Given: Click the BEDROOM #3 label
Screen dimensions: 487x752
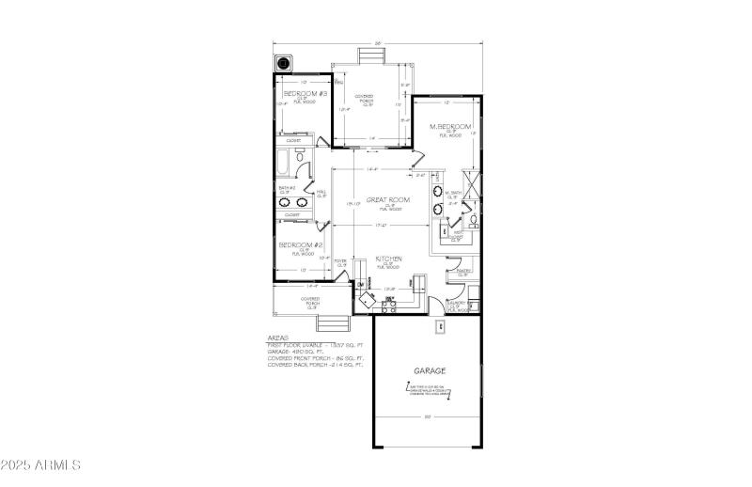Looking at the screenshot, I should click(304, 95).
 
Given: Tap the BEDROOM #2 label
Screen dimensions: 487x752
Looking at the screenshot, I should click(301, 244).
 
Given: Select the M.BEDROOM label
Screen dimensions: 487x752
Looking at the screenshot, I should click(450, 127).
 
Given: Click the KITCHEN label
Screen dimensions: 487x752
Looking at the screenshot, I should click(389, 259).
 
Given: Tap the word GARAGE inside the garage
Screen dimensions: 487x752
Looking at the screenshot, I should click(429, 370).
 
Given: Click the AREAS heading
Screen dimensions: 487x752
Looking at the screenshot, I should click(278, 337).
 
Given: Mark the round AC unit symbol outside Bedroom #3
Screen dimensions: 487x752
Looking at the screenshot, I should click(283, 65).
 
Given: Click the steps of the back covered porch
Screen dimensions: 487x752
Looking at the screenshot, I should click(370, 57).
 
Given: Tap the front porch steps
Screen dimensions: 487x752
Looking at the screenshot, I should click(331, 324).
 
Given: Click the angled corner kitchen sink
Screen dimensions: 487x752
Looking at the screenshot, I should click(365, 300).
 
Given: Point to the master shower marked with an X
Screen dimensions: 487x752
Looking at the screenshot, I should click(472, 182).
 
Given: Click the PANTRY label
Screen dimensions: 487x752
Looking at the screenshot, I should click(463, 273).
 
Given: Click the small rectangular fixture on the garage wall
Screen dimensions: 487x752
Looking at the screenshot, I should click(440, 328).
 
